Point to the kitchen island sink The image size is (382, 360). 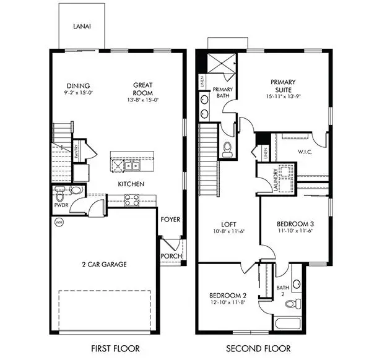pyautogui.click(x=131, y=166)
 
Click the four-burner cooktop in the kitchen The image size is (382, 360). pyautogui.click(x=132, y=200)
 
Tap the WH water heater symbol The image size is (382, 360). pyautogui.click(x=59, y=221)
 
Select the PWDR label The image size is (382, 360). pyautogui.click(x=61, y=202)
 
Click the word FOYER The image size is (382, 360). pyautogui.click(x=170, y=220)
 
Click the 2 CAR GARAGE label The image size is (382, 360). pyautogui.click(x=104, y=265)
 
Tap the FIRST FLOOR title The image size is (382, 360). pyautogui.click(x=115, y=348)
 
